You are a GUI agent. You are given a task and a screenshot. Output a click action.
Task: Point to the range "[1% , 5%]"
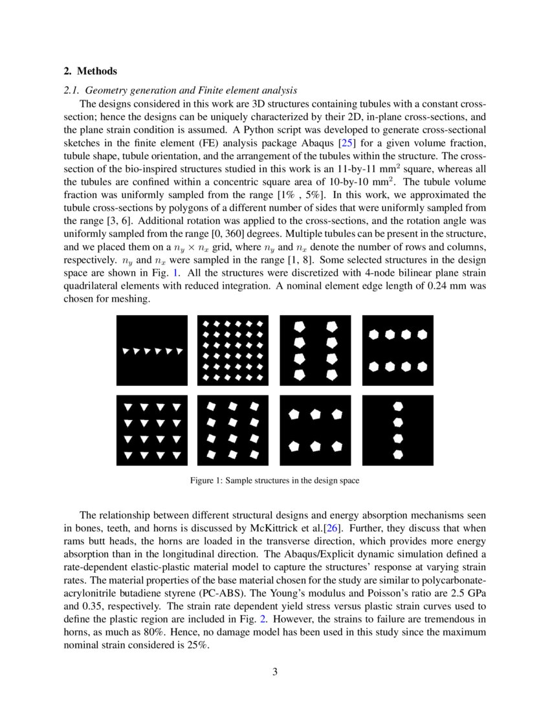[x=307, y=194]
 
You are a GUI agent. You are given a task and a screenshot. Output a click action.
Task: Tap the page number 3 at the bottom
[x=275, y=671]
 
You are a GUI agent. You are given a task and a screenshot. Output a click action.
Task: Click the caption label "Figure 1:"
[x=206, y=481]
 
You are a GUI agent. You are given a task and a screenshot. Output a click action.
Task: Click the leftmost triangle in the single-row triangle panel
[x=126, y=351]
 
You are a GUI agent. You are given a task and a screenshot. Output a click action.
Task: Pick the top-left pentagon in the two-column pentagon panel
[x=300, y=327]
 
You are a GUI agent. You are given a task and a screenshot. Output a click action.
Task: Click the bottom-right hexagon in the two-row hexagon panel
[x=422, y=366]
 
